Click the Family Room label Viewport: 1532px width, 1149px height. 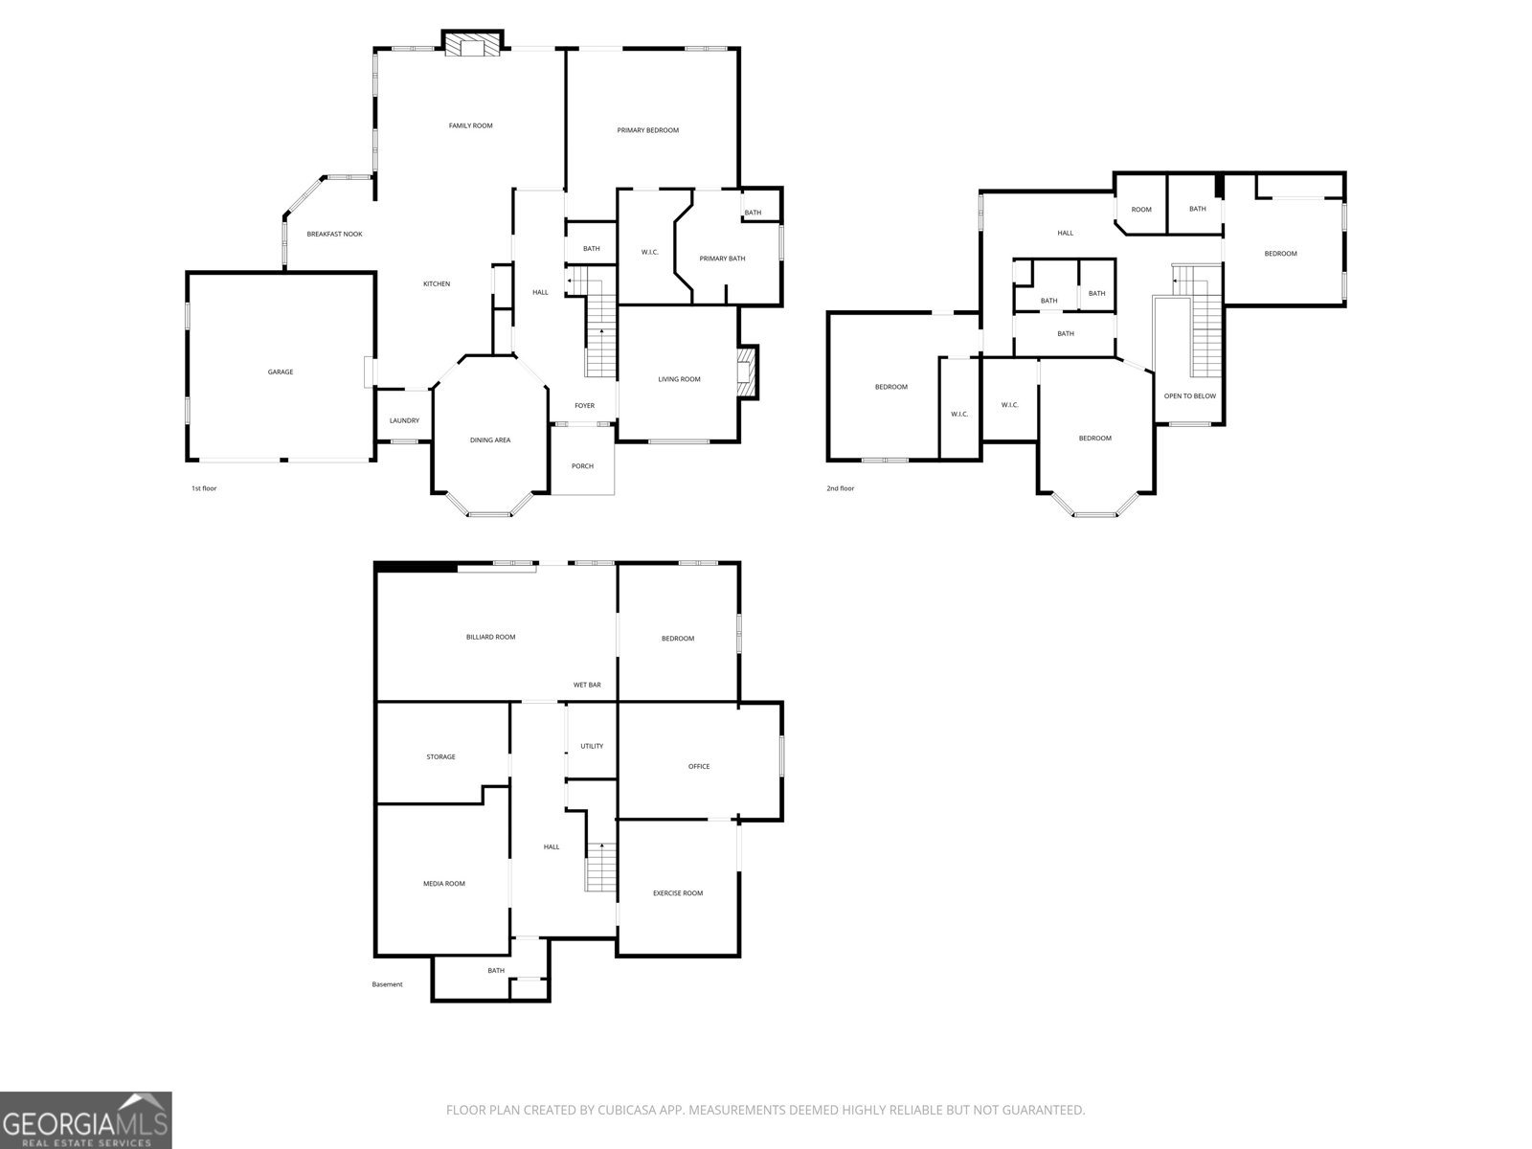coord(470,125)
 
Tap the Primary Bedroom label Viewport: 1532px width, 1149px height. coord(647,130)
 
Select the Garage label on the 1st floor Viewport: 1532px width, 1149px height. coord(281,372)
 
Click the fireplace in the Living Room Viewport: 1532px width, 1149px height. coord(747,372)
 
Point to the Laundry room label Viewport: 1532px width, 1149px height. coord(404,420)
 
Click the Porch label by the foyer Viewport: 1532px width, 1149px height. coord(582,466)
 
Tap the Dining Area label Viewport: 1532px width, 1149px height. coord(490,440)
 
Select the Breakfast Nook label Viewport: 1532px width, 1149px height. coord(334,234)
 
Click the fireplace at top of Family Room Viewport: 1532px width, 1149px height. coord(472,46)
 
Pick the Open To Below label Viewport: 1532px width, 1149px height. coord(1189,395)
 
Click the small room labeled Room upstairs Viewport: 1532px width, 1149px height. coord(1141,210)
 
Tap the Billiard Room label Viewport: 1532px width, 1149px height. coord(490,637)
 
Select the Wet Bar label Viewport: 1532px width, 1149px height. coord(587,685)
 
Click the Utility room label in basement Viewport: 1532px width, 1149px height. coord(592,746)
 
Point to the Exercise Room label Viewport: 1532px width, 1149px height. coord(678,893)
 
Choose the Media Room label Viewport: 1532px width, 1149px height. coord(444,884)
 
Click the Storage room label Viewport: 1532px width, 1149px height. coord(440,757)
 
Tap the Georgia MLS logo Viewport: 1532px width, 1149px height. coord(85,1120)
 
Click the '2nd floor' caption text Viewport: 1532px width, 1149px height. coord(840,488)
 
